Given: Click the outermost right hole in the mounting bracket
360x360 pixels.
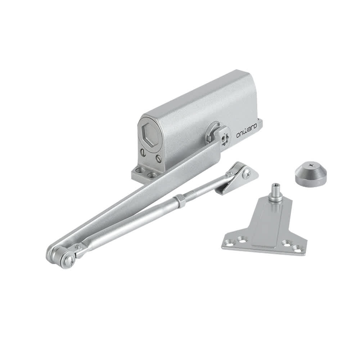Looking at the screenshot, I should (x=297, y=247).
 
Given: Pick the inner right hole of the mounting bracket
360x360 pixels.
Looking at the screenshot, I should (x=287, y=243).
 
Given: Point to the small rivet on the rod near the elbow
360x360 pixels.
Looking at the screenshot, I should (x=77, y=247).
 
